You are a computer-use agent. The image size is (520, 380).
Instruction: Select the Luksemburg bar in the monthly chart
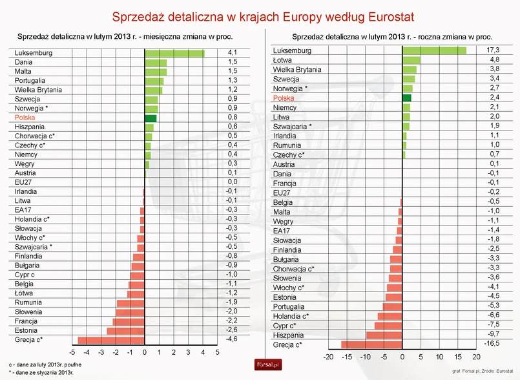pyautogui.click(x=174, y=53)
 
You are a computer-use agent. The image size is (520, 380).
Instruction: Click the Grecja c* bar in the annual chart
pyautogui.click(x=372, y=345)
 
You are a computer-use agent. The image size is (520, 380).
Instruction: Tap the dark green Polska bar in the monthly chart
pyautogui.click(x=151, y=118)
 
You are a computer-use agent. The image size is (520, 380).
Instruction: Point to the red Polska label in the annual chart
pyautogui.click(x=284, y=98)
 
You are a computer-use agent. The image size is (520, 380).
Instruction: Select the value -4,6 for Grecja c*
pyautogui.click(x=232, y=339)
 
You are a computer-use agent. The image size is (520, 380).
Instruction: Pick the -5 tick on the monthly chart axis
pyautogui.click(x=71, y=353)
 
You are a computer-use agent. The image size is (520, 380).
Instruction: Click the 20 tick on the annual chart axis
pyautogui.click(x=477, y=357)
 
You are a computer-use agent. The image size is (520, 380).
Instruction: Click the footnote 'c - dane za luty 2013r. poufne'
pyautogui.click(x=45, y=365)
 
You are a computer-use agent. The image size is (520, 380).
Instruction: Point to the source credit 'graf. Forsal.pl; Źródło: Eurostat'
pyautogui.click(x=483, y=371)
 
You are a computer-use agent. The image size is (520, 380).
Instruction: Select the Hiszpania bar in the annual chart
pyautogui.click(x=384, y=335)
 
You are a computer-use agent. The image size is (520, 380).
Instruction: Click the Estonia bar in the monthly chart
pyautogui.click(x=126, y=330)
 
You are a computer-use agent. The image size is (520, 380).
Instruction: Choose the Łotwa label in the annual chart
pyautogui.click(x=284, y=60)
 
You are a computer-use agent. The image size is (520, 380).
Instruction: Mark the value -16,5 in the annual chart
pyautogui.click(x=493, y=345)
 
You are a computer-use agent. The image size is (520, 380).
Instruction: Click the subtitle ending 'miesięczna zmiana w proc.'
pyautogui.click(x=125, y=38)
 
